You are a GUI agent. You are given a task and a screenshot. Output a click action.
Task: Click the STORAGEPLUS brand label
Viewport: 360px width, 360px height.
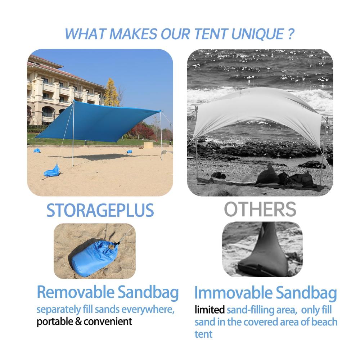(100, 210)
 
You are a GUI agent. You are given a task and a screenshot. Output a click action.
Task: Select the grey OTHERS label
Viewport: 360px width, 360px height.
(260, 209)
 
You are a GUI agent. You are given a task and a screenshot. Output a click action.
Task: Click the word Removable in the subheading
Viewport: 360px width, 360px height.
(76, 292)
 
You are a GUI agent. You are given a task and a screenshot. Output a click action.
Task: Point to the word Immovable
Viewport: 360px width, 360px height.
(233, 293)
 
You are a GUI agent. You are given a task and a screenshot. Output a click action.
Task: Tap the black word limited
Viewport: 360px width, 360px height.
(210, 310)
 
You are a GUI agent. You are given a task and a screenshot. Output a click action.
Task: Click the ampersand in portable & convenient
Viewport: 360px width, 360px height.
(78, 321)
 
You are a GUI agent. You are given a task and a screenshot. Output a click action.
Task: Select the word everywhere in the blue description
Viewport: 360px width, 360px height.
(148, 310)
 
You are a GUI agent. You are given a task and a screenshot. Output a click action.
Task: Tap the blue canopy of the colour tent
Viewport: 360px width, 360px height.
(96, 122)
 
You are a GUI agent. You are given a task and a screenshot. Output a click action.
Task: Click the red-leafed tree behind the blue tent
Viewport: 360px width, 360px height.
(141, 131)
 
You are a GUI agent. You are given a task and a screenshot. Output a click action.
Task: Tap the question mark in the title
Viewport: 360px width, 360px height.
(290, 34)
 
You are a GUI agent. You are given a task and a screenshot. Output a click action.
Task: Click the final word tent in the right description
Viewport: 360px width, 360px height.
(203, 334)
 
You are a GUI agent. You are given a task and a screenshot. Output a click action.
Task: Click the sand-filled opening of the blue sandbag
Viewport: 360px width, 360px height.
(112, 247)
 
